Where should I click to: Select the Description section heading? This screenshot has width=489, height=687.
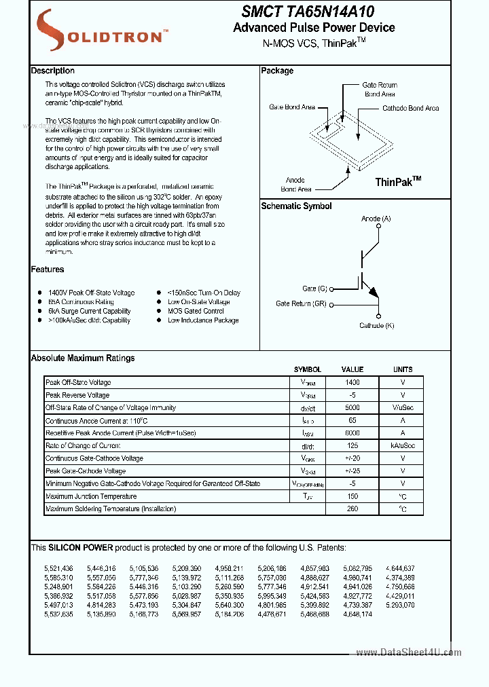(x=53, y=71)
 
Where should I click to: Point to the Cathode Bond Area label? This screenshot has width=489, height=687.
(x=410, y=108)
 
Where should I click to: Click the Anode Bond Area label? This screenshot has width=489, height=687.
(x=295, y=185)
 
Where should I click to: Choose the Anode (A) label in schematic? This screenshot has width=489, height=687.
(x=376, y=219)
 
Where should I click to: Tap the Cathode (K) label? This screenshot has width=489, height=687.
(x=376, y=325)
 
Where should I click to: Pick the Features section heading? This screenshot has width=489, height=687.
(x=48, y=270)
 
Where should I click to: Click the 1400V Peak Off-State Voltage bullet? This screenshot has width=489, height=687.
(x=91, y=293)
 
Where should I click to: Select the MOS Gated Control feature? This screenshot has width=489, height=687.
(x=196, y=311)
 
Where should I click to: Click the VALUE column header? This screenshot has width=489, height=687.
(x=352, y=369)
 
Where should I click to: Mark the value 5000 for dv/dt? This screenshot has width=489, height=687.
(x=352, y=407)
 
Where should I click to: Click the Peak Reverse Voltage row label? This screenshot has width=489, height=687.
(x=77, y=395)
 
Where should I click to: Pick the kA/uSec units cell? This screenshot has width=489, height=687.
(x=402, y=445)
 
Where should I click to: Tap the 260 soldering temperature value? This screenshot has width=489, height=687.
(x=352, y=508)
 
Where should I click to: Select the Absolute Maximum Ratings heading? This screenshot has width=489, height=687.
(x=83, y=358)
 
